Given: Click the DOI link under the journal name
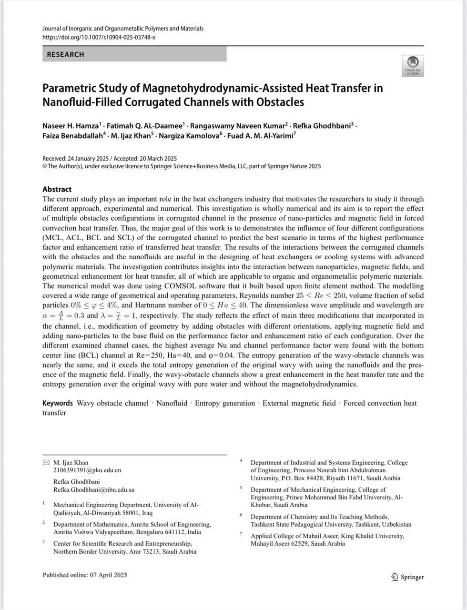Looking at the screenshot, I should pyautogui.click(x=99, y=37).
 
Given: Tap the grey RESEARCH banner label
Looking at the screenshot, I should pyautogui.click(x=65, y=54).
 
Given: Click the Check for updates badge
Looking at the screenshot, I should pyautogui.click(x=413, y=65).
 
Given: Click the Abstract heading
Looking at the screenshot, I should pyautogui.click(x=57, y=189).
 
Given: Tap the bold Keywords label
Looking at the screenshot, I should pyautogui.click(x=57, y=403).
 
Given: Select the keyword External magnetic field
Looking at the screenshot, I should pyautogui.click(x=299, y=403).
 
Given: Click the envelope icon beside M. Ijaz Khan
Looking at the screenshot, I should pyautogui.click(x=46, y=462).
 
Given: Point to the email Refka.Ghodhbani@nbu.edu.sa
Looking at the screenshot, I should pyautogui.click(x=93, y=489).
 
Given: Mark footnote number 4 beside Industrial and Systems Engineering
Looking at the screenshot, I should pyautogui.click(x=241, y=461).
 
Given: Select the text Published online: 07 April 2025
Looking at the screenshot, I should pyautogui.click(x=85, y=575).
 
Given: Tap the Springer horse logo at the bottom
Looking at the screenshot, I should pyautogui.click(x=394, y=577).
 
